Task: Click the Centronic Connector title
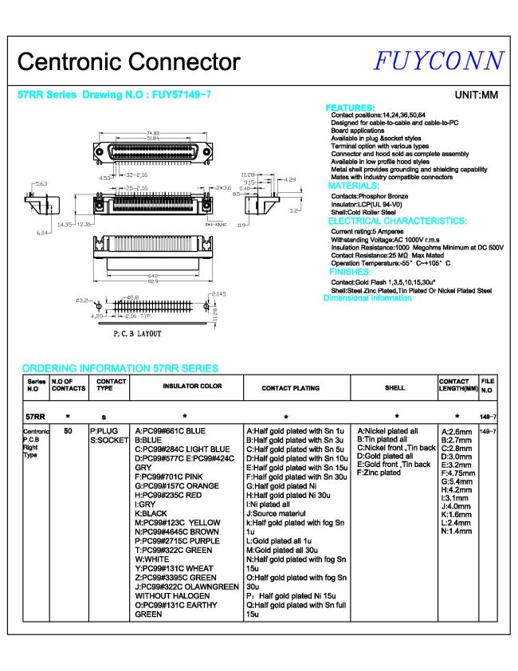coord(128,62)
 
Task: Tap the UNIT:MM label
coord(476,96)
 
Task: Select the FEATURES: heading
coord(351,108)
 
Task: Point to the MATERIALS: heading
coord(356,186)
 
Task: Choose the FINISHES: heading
coord(350,271)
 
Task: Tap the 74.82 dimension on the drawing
coord(155,132)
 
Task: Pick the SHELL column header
coord(395,388)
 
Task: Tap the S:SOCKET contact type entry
coord(109,439)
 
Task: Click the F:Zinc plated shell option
coord(379,473)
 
